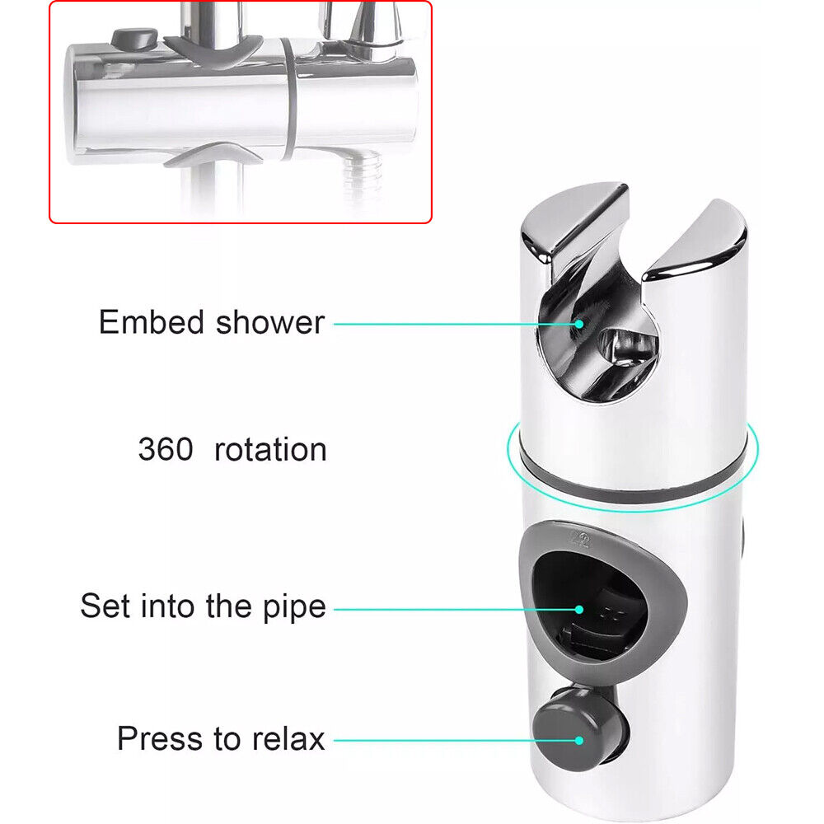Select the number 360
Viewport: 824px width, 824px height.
pyautogui.click(x=166, y=449)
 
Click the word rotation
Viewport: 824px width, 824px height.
pyautogui.click(x=270, y=450)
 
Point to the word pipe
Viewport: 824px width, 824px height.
pyautogui.click(x=294, y=609)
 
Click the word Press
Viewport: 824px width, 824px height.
pyautogui.click(x=162, y=738)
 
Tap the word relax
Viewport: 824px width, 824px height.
pyautogui.click(x=288, y=738)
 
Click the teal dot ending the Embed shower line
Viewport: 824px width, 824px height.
pyautogui.click(x=578, y=324)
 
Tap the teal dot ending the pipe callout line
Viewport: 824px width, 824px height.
pyautogui.click(x=578, y=610)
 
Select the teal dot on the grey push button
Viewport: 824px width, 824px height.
pyautogui.click(x=578, y=741)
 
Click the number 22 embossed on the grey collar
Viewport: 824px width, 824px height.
pyautogui.click(x=579, y=539)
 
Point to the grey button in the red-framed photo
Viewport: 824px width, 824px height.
pyautogui.click(x=134, y=39)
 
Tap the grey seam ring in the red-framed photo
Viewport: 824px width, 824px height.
pyautogui.click(x=289, y=98)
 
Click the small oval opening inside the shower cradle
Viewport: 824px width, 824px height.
pyautogui.click(x=627, y=348)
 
